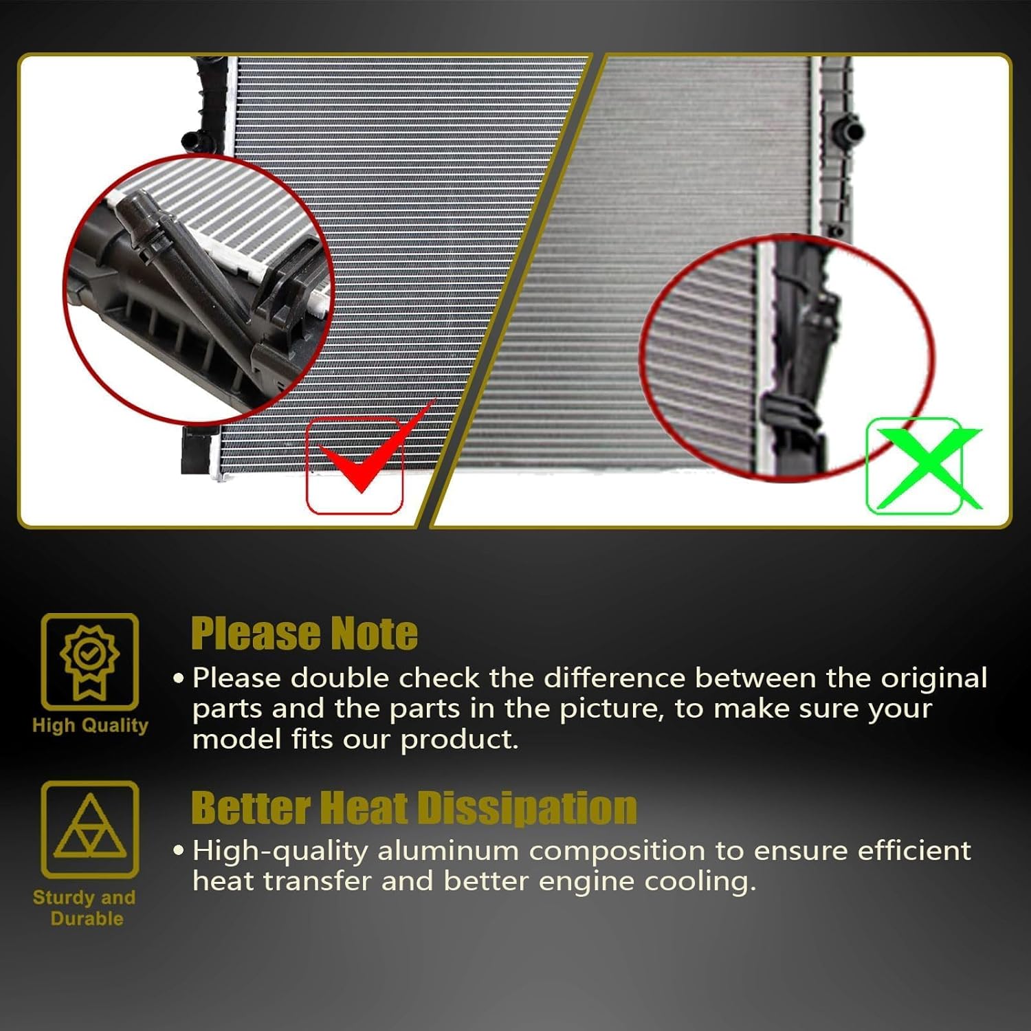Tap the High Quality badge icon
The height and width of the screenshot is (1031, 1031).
pyautogui.click(x=90, y=661)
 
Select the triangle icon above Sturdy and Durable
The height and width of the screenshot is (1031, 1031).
pyautogui.click(x=90, y=829)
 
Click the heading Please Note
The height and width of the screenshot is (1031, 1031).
pyautogui.click(x=304, y=634)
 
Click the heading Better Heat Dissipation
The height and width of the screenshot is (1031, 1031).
pyautogui.click(x=414, y=808)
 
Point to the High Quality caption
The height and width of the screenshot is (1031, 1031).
pyautogui.click(x=90, y=726)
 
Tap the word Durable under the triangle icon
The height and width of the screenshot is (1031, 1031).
pyautogui.click(x=87, y=919)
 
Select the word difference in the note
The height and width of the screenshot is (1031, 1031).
pyautogui.click(x=614, y=678)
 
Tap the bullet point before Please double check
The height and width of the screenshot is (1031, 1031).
pyautogui.click(x=179, y=679)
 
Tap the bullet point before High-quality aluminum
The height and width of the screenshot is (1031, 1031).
pyautogui.click(x=179, y=852)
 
